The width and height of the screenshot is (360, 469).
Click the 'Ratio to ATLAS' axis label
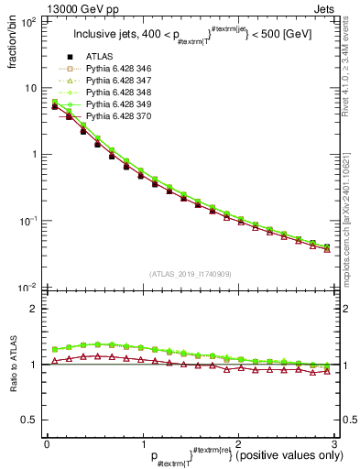[x=13, y=367]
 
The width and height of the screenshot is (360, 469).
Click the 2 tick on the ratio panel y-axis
[x=33, y=309]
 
